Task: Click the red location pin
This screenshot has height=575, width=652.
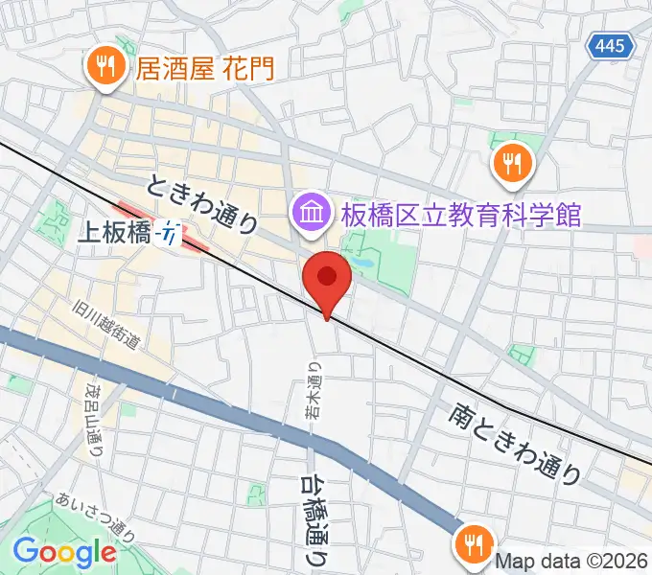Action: click(327, 279)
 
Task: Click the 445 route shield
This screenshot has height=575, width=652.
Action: click(610, 45)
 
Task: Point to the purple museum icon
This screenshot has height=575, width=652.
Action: click(311, 212)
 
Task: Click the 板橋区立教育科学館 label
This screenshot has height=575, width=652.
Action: click(460, 213)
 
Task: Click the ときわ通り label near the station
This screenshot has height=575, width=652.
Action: click(203, 203)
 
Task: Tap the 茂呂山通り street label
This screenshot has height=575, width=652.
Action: click(96, 419)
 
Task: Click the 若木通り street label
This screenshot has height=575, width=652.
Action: click(313, 391)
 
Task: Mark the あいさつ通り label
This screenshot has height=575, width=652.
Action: click(95, 516)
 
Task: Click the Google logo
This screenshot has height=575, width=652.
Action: click(64, 552)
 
